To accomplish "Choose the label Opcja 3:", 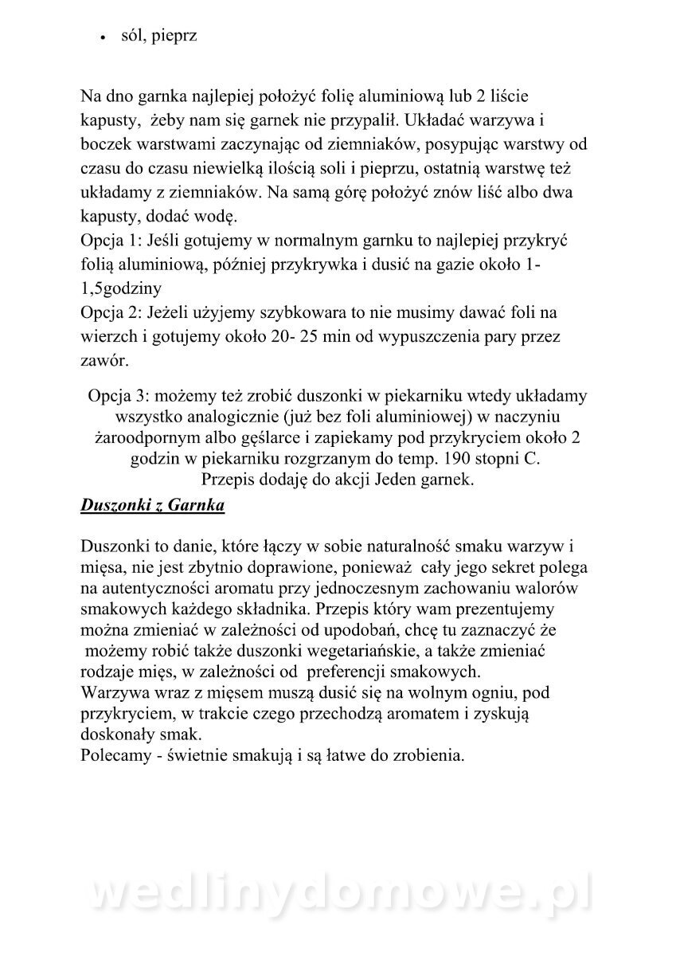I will point(119,396).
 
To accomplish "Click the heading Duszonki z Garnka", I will point(152,506).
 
